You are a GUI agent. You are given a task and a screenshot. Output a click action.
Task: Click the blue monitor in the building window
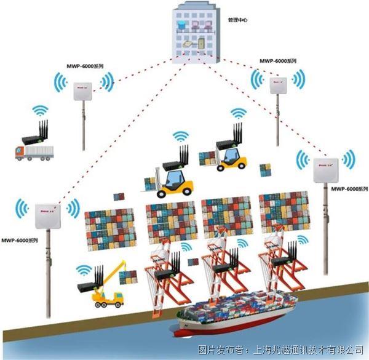click(180, 24)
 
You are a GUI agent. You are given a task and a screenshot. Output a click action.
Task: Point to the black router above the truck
click(36, 135)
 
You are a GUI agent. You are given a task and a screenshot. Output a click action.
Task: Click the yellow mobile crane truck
click(109, 289)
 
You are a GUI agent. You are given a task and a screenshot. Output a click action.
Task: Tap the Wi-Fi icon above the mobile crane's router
click(84, 270)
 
